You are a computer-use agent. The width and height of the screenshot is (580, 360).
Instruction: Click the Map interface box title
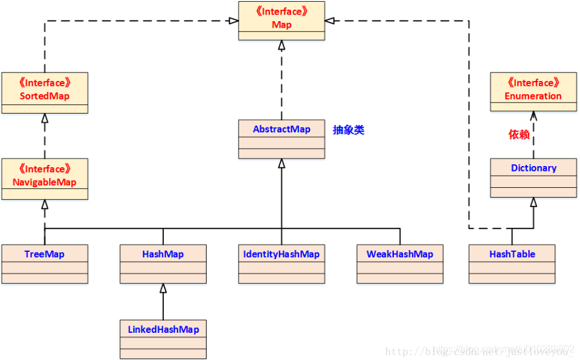click(x=282, y=18)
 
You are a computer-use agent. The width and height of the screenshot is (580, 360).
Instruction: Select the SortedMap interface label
click(x=45, y=89)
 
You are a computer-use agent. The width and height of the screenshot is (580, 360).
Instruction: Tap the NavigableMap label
click(x=45, y=176)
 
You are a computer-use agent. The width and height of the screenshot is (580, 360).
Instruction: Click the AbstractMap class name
click(x=282, y=129)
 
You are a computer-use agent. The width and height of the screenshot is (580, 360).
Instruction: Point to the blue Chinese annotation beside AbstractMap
click(x=349, y=130)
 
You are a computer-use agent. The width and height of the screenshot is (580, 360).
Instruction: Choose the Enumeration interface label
click(x=533, y=89)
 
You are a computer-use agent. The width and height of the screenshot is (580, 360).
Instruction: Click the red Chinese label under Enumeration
click(x=519, y=135)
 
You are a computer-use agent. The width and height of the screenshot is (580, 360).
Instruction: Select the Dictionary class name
click(x=533, y=168)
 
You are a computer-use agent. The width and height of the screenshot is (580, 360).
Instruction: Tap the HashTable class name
click(x=512, y=254)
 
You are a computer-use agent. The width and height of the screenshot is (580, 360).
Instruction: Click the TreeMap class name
click(x=45, y=254)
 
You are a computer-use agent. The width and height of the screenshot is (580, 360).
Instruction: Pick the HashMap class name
click(x=163, y=254)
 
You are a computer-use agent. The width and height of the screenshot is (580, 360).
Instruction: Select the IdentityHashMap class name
click(x=282, y=254)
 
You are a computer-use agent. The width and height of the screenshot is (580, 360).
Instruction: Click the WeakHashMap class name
click(x=400, y=254)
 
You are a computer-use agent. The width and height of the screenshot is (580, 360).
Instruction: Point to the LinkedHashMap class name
click(x=163, y=329)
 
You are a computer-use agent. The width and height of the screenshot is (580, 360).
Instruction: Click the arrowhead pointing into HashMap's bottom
click(x=163, y=289)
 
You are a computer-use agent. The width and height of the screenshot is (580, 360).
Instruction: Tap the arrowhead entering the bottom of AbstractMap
click(x=282, y=164)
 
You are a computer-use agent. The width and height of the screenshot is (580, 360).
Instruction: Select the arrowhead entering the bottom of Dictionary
click(x=533, y=202)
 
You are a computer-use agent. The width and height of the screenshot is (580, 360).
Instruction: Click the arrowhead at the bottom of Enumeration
click(x=533, y=115)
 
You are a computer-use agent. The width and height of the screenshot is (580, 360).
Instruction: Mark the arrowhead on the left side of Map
click(x=233, y=21)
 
